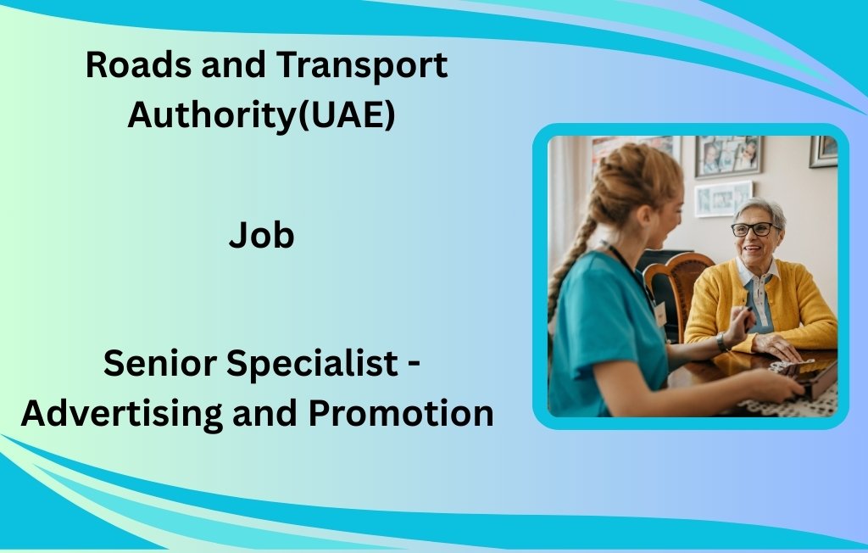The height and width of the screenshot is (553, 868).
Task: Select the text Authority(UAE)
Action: [261, 115]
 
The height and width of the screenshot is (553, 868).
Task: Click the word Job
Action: [261, 236]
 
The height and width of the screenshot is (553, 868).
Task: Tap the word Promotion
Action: [400, 413]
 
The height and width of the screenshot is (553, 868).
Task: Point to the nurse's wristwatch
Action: [721, 342]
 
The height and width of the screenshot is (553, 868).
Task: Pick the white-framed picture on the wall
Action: [723, 198]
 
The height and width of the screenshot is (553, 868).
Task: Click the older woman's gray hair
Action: [760, 208]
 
